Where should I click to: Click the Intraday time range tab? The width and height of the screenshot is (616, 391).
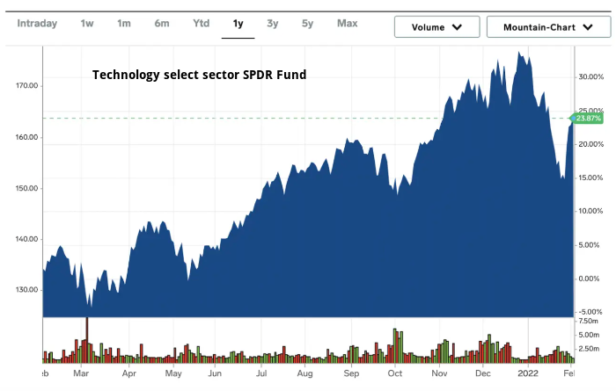[x=36, y=23]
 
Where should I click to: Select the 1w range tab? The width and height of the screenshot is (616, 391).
[x=87, y=23]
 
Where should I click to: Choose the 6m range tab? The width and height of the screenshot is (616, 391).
[x=162, y=23]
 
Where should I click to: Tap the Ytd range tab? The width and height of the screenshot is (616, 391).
[x=202, y=23]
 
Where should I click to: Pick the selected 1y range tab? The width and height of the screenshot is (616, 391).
[x=238, y=23]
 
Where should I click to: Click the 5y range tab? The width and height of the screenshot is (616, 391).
[x=307, y=23]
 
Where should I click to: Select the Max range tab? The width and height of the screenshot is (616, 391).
[x=347, y=23]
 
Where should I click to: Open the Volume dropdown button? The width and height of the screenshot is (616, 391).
[x=436, y=26]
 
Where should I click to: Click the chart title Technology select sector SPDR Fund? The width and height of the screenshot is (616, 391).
[x=200, y=75]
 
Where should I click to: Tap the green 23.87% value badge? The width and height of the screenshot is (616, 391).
[x=588, y=118]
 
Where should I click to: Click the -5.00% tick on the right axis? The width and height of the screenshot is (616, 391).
[x=590, y=312]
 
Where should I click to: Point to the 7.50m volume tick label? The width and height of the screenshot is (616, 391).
[x=589, y=322]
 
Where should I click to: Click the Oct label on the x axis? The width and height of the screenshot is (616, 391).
[x=394, y=373]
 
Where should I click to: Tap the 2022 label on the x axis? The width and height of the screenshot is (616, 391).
[x=527, y=373]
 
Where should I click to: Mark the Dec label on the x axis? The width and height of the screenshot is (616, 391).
[x=483, y=373]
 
